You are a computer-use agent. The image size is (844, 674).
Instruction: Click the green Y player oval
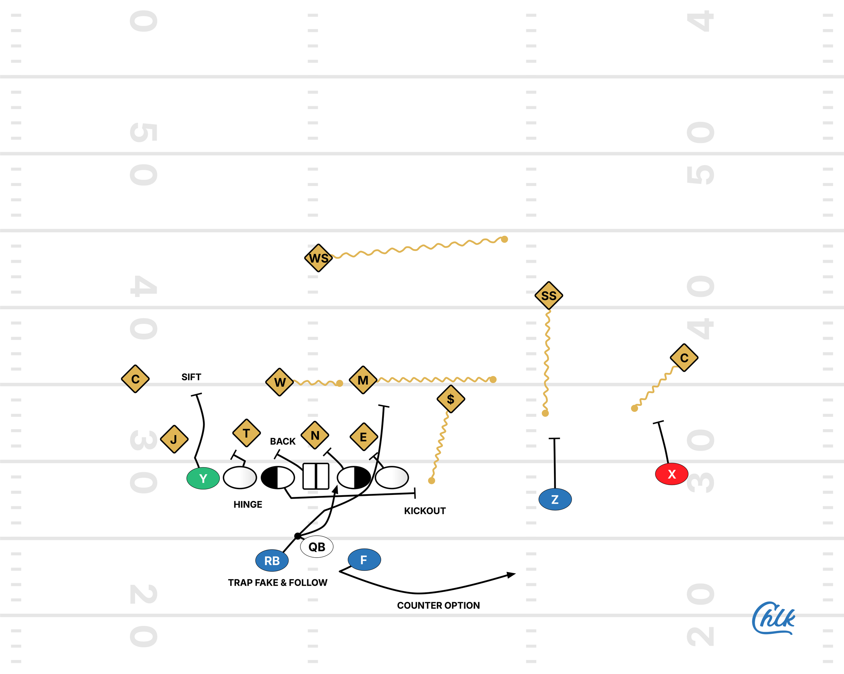[203, 478]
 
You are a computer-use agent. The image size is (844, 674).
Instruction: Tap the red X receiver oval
[671, 474]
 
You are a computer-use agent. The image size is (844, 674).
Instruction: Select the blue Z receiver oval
[555, 499]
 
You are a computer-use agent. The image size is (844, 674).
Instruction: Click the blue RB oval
[272, 560]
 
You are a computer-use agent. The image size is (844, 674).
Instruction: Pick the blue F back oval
[364, 559]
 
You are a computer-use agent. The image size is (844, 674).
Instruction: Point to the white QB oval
[316, 546]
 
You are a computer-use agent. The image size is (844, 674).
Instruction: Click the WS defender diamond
[318, 258]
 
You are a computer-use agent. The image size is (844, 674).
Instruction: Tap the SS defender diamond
[549, 296]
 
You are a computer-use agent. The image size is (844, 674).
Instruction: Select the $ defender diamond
[451, 399]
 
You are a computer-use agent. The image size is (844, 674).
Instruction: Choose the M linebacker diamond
[363, 380]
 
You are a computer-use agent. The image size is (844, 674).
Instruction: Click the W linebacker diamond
[280, 382]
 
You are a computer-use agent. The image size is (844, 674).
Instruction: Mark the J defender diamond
[174, 439]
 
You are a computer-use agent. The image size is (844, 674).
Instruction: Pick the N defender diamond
[315, 435]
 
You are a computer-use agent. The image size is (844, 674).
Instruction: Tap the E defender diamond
[363, 437]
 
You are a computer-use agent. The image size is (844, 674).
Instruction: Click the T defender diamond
[246, 433]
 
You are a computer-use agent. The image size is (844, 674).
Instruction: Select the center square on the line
[316, 476]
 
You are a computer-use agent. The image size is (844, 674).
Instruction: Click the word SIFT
[191, 377]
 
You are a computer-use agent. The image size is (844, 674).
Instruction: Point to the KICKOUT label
[425, 510]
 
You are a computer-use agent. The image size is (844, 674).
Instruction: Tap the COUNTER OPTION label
[438, 605]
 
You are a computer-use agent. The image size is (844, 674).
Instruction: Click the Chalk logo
[773, 618]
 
